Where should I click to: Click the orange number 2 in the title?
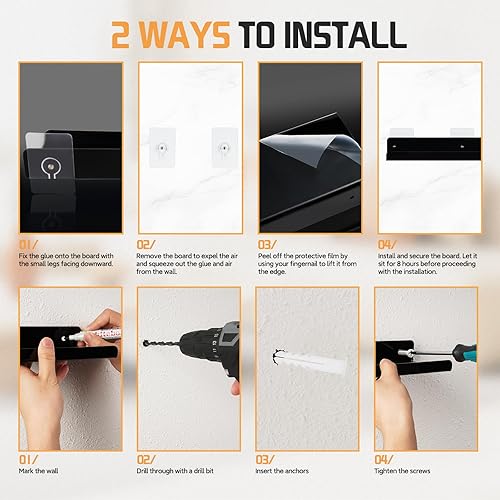(x=120, y=35)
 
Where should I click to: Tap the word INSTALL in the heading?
(x=346, y=35)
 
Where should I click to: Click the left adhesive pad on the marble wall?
(x=162, y=147)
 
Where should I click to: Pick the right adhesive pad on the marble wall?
(x=225, y=147)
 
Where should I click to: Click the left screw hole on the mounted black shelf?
(x=395, y=146)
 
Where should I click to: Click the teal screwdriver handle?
(x=465, y=351)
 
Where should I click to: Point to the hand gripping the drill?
(x=236, y=387)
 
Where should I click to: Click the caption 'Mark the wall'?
(x=38, y=471)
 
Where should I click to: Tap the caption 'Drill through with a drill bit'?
(x=175, y=471)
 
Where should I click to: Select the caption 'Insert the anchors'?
(x=282, y=471)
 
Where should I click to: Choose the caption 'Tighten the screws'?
(x=402, y=471)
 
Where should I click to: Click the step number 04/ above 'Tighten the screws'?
(x=384, y=460)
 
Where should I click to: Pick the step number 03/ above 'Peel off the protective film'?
(x=267, y=245)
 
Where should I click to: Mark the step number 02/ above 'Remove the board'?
(x=146, y=245)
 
